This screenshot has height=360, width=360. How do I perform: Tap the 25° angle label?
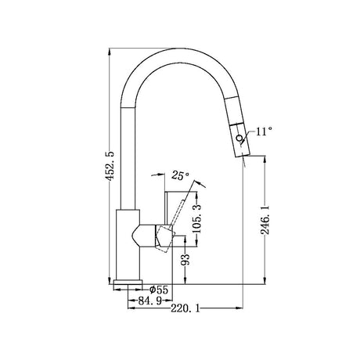[180, 177]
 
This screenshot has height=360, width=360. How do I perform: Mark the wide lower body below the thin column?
[128, 243]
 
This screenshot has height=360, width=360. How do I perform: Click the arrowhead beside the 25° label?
[195, 182]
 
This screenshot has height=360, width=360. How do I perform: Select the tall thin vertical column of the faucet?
[128, 157]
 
